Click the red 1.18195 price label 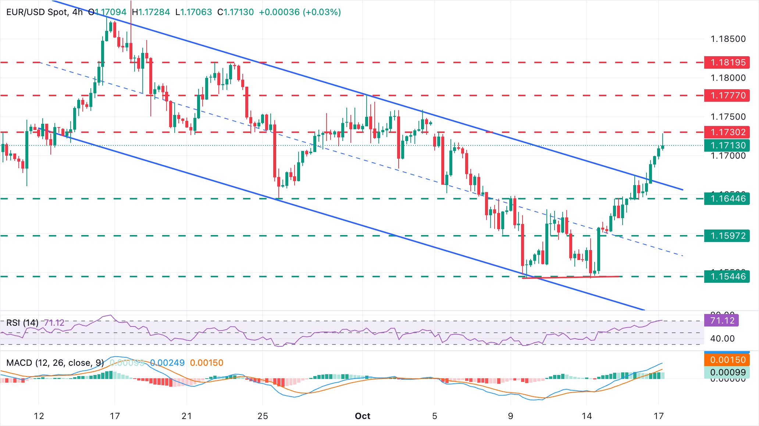(x=726, y=62)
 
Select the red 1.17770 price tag (x=726, y=95)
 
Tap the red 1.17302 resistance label (x=726, y=132)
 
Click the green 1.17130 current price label (x=726, y=145)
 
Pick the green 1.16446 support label (x=726, y=199)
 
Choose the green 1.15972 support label (x=726, y=236)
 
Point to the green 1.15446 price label (x=726, y=276)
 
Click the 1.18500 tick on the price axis (x=728, y=39)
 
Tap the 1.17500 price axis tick (x=728, y=117)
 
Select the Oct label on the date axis (x=362, y=416)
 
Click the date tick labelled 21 (x=187, y=416)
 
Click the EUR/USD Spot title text (x=37, y=12)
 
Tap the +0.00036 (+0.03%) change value (x=300, y=12)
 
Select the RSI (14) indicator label (x=22, y=323)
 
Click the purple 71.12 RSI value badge (x=722, y=321)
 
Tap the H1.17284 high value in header (x=151, y=12)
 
